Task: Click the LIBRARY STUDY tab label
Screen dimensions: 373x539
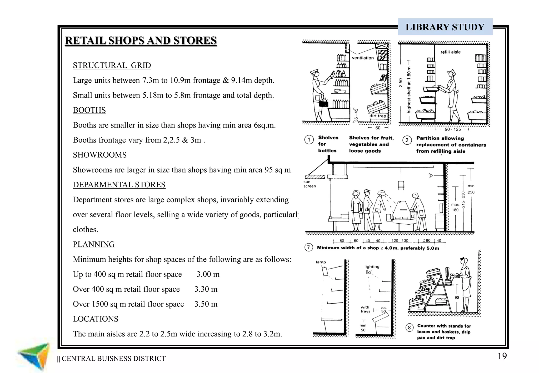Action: point(445,27)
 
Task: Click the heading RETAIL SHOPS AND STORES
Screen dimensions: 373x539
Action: point(141,41)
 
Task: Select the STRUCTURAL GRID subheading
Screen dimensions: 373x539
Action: point(112,65)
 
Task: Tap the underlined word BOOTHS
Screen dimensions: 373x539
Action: point(89,110)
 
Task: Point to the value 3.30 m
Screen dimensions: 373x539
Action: point(206,289)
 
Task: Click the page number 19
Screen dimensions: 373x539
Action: point(502,356)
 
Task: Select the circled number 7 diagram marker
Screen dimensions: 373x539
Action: point(308,248)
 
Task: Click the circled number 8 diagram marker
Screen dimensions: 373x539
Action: point(409,328)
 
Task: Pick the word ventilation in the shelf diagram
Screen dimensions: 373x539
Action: point(363,58)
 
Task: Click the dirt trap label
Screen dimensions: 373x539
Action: point(377,116)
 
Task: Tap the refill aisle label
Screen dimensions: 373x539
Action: point(451,52)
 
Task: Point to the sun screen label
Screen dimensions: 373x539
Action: point(309,184)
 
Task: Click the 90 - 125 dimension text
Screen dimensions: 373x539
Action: point(453,129)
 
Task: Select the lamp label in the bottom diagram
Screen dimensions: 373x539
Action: point(321,262)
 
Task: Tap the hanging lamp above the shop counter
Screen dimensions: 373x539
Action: point(401,185)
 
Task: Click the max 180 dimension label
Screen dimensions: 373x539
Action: point(455,207)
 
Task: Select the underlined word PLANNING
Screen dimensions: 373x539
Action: point(94,244)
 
